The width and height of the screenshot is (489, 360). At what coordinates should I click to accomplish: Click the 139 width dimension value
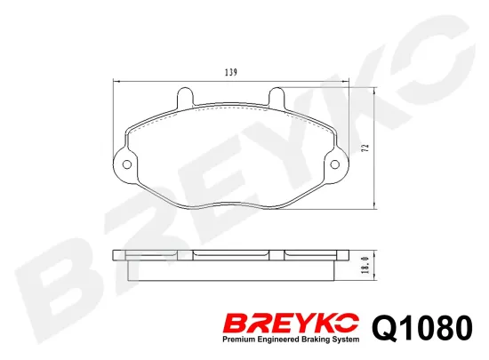point(231,72)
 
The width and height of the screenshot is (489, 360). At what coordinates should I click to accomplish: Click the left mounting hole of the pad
point(125,164)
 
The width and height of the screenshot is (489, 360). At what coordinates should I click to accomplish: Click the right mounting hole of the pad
point(336,164)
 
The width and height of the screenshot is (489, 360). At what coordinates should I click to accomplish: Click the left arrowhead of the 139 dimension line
point(116,81)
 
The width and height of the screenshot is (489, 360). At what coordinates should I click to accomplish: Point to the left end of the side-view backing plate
point(117,255)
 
